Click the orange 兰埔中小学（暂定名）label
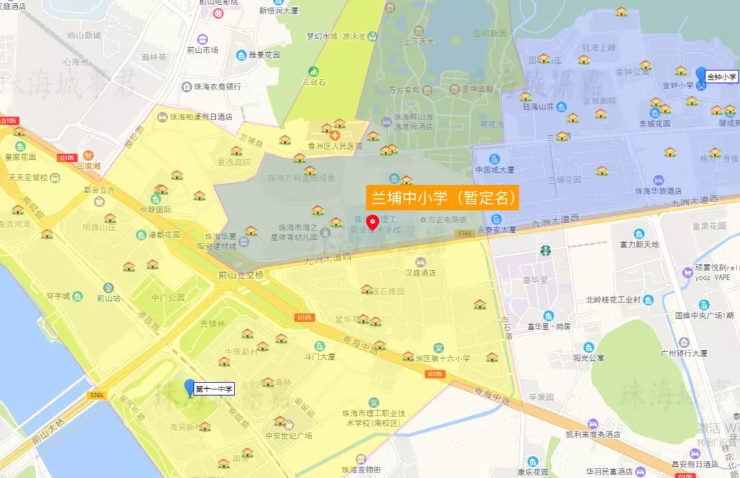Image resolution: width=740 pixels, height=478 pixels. pos(442,198)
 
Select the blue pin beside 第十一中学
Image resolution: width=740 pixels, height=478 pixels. pos(190,387)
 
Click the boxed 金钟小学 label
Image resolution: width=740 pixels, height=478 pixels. pos(722,77)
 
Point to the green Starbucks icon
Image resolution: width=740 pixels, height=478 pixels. pos(545,251)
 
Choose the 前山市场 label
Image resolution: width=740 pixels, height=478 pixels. pos(202,50)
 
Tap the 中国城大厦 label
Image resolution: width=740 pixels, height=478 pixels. pos(493,169)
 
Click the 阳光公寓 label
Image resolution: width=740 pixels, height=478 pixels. pos(589,357)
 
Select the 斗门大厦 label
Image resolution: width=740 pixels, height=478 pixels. pos(319,357)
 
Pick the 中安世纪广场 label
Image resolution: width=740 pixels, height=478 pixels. pos(288,435)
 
